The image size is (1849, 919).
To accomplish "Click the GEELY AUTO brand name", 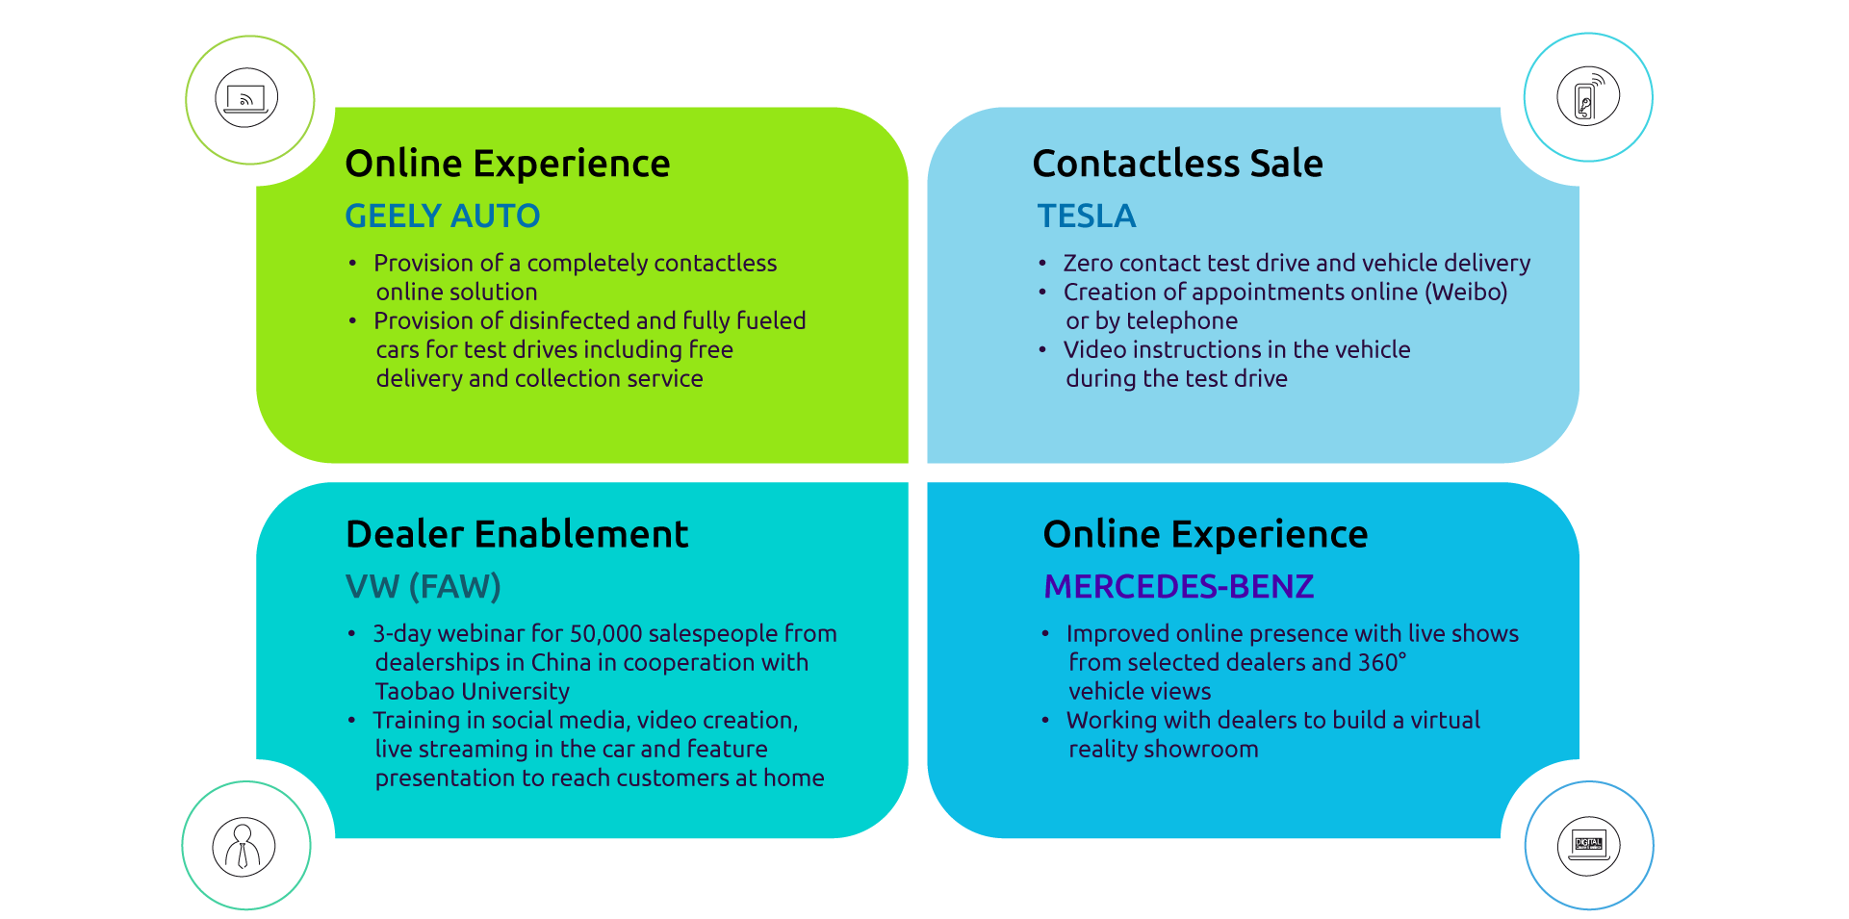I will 442,216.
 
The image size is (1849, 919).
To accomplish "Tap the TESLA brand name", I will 1086,216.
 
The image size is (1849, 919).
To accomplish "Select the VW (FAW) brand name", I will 423,586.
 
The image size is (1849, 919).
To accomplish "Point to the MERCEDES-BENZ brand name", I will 1178,586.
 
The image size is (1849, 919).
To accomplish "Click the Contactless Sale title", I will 1177,164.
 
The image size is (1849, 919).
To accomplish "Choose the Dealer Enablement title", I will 517,534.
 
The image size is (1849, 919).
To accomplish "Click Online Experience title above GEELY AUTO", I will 507,164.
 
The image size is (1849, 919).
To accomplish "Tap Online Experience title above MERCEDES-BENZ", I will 1205,534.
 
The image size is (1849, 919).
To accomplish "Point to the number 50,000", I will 605,633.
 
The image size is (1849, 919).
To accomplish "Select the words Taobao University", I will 472,691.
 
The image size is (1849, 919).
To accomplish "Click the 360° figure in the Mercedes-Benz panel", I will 1382,662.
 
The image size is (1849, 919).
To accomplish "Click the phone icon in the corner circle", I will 1587,97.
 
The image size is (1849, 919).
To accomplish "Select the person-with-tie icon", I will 244,846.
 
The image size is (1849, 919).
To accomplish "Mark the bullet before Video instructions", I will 1042,349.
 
